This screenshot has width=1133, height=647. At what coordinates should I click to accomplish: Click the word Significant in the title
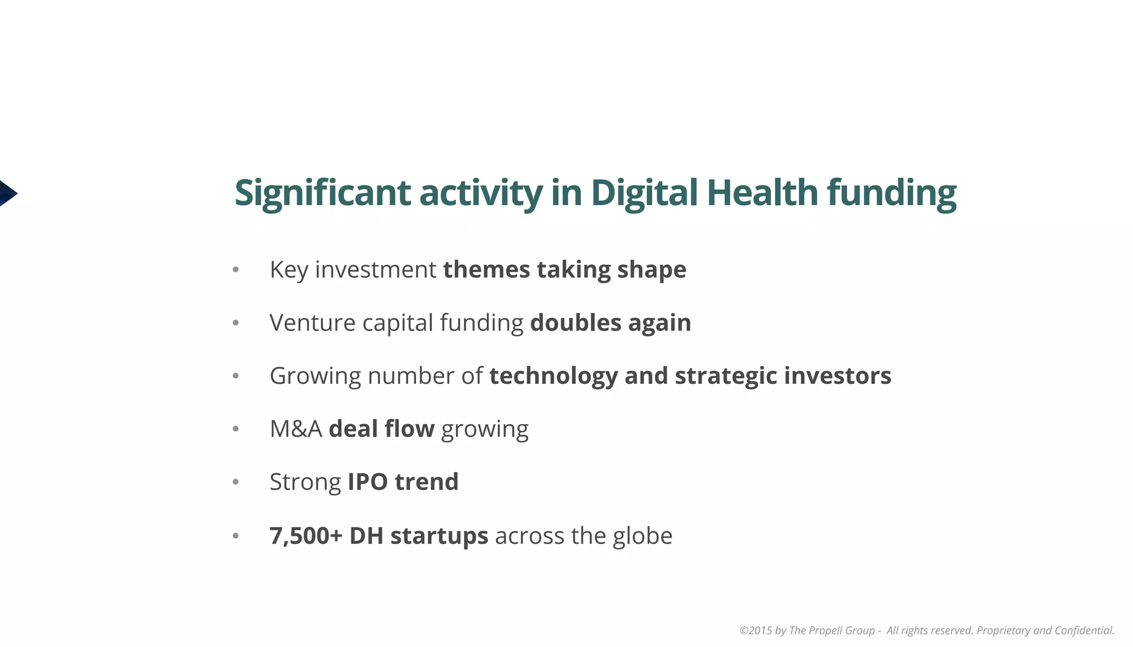coord(322,193)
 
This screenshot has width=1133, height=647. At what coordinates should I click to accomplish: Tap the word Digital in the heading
coord(643,193)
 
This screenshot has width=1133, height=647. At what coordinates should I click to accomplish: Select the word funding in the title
coord(891,193)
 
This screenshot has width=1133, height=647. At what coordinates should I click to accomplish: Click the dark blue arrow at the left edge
coord(7,194)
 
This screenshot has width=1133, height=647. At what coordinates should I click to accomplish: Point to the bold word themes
coord(486,270)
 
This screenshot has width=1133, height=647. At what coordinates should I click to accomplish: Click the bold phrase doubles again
coord(610,323)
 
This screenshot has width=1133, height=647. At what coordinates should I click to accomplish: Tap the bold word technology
coord(553,376)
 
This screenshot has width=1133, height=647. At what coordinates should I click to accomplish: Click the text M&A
coord(295,429)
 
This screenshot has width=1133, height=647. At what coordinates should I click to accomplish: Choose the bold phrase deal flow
coord(381,429)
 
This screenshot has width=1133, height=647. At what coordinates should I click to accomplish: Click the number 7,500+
coord(305,535)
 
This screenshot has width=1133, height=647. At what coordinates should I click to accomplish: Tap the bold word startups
coord(439,535)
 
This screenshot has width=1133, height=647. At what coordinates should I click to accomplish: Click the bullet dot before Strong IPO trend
coord(236,482)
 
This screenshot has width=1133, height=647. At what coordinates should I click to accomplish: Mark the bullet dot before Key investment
coord(236,270)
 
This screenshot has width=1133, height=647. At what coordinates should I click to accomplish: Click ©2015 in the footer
coord(755,630)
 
